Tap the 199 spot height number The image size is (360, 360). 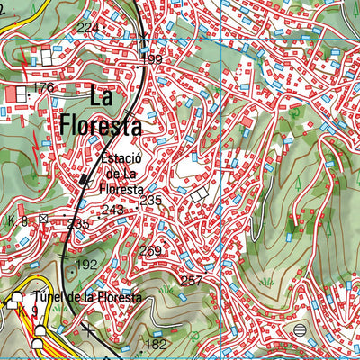click(152, 60)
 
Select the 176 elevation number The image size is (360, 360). click(42, 88)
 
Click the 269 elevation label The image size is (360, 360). click(150, 251)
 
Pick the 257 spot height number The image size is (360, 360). click(192, 282)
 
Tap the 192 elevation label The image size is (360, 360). click(86, 265)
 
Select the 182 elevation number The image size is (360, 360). click(156, 345)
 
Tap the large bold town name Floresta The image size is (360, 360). click(102, 124)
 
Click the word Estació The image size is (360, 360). click(120, 157)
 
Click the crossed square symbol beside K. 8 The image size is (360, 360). click(44, 219)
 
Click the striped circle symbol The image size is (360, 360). click(299, 330)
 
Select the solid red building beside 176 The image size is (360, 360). click(21, 93)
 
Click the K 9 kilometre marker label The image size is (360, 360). click(34, 312)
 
